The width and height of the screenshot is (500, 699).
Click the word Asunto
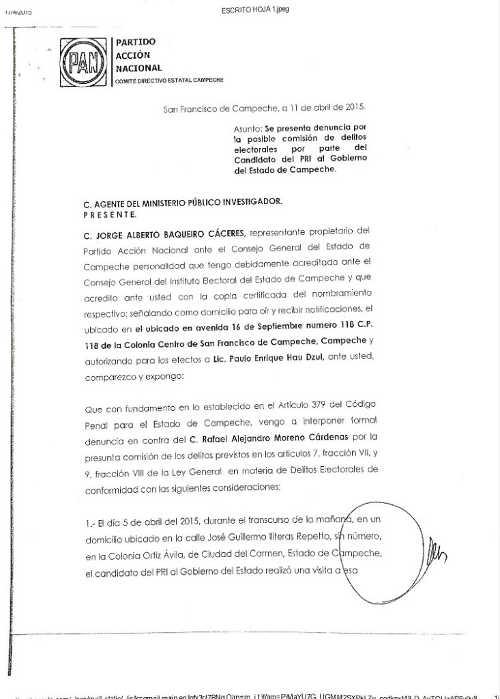point(245,127)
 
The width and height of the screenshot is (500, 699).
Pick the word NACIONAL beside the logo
point(139,68)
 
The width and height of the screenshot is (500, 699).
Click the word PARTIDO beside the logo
point(136,42)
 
